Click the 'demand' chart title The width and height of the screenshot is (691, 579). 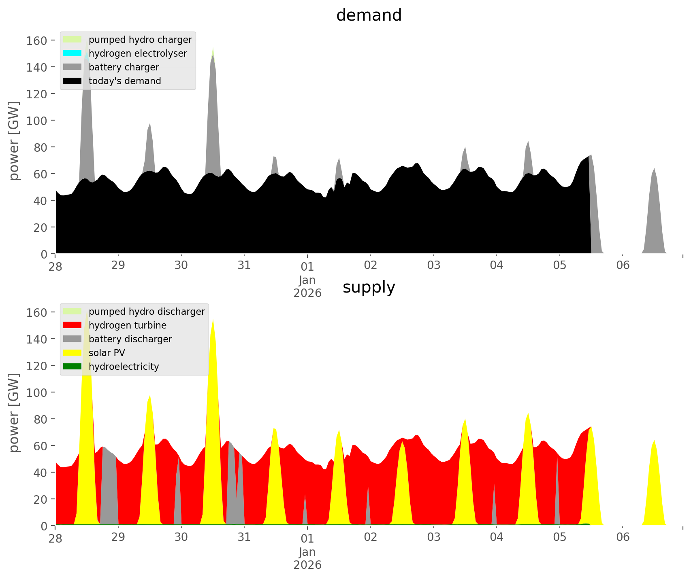pyautogui.click(x=369, y=15)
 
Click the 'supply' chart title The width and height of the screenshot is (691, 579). pyautogui.click(x=369, y=287)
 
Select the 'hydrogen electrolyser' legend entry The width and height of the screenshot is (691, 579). pyautogui.click(x=138, y=53)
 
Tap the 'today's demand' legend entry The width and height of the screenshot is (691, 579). pyautogui.click(x=125, y=81)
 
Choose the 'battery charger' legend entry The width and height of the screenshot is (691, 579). pyautogui.click(x=124, y=67)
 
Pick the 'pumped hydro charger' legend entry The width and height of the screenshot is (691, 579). pyautogui.click(x=140, y=40)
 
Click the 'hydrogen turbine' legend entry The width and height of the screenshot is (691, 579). pyautogui.click(x=127, y=325)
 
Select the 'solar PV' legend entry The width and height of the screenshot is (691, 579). pyautogui.click(x=107, y=353)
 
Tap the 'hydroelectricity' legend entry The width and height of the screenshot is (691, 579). pyautogui.click(x=124, y=367)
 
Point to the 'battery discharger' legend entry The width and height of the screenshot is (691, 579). pyautogui.click(x=130, y=339)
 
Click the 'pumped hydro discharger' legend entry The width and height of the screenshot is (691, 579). pyautogui.click(x=147, y=312)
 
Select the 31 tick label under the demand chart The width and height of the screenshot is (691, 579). pyautogui.click(x=244, y=265)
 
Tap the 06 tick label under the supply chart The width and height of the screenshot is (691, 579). pyautogui.click(x=623, y=537)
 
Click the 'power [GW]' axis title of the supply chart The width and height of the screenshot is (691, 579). pyautogui.click(x=14, y=413)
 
